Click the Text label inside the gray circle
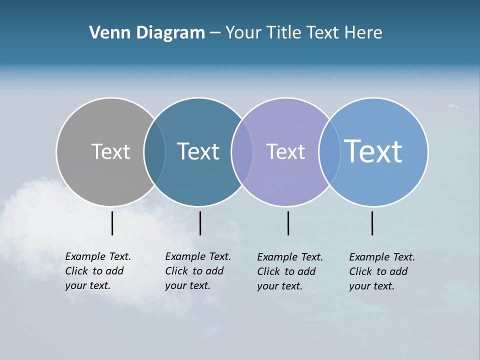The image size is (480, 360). (x=110, y=151)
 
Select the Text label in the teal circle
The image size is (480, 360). (x=198, y=151)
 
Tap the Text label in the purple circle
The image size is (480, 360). (x=285, y=151)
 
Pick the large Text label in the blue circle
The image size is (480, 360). (x=373, y=151)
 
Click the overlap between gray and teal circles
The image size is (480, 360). (x=154, y=151)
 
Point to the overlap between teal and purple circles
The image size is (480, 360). (x=242, y=151)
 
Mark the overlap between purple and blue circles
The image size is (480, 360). (x=329, y=151)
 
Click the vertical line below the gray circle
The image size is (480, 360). (x=112, y=223)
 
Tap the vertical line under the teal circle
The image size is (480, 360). (x=200, y=223)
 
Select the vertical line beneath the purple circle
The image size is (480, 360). (x=288, y=223)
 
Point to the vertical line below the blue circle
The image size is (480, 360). (x=372, y=223)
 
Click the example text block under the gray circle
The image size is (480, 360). (x=97, y=271)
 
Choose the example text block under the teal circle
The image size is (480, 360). (x=197, y=271)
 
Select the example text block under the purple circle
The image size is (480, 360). (x=289, y=271)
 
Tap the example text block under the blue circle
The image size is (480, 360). (x=381, y=271)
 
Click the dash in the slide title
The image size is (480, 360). (x=215, y=33)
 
